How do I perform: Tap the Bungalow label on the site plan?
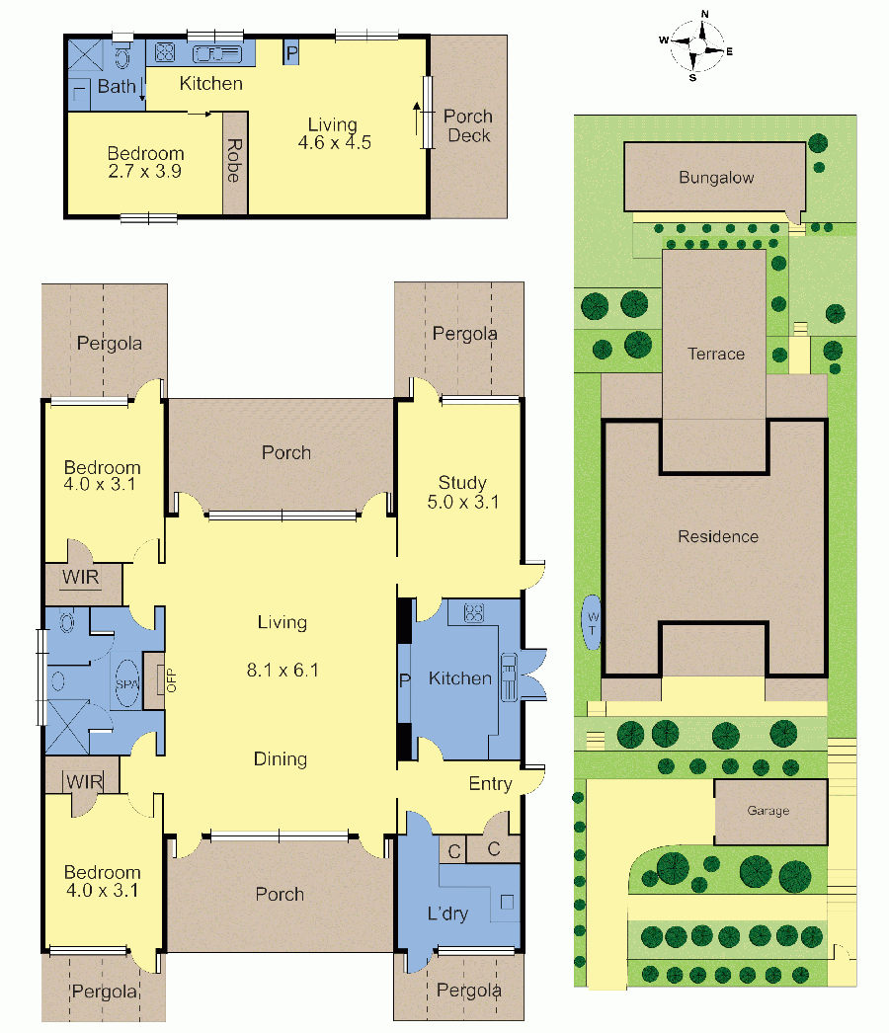click(716, 177)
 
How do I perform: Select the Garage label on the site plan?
click(768, 811)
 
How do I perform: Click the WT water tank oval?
click(592, 622)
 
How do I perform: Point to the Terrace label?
click(716, 354)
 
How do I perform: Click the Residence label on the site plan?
click(718, 536)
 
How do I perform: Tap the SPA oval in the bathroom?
click(127, 683)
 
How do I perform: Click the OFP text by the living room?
click(172, 680)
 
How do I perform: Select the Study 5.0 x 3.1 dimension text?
click(463, 502)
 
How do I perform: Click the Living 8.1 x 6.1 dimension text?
click(283, 670)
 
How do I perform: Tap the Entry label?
click(490, 784)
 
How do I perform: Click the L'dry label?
click(447, 914)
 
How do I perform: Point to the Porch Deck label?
click(468, 125)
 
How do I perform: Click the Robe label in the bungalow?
click(234, 160)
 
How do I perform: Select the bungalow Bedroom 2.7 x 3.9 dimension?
click(145, 171)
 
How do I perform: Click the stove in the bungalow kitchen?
click(164, 52)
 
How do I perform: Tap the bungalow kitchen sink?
click(216, 54)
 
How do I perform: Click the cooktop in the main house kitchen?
click(474, 613)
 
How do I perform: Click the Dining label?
click(281, 759)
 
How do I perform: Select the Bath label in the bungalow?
click(117, 86)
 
